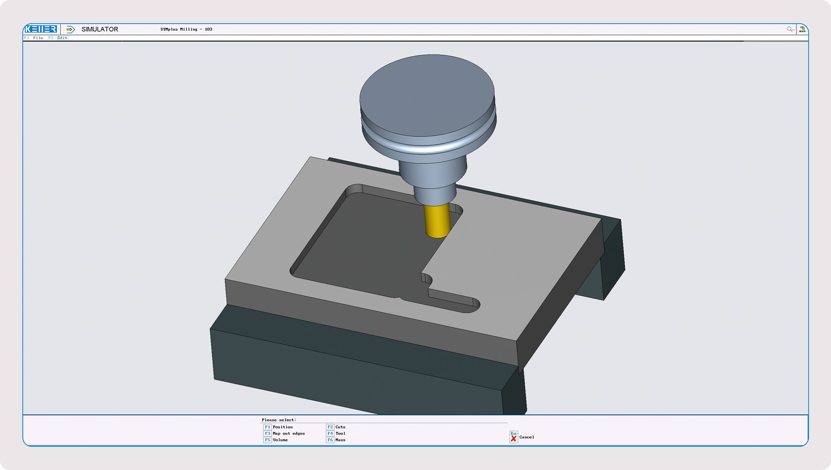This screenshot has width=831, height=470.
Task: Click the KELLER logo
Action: click(41, 29)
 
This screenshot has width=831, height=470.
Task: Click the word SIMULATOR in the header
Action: click(100, 29)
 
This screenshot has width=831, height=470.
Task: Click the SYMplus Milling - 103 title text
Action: click(186, 29)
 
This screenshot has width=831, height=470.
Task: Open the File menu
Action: click(38, 38)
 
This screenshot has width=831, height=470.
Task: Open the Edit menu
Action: click(62, 38)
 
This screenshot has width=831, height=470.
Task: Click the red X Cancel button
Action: click(514, 437)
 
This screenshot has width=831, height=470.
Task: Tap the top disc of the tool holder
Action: click(427, 96)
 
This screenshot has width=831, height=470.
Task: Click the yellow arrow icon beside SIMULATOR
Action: click(71, 29)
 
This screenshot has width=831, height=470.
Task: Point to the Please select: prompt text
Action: click(279, 420)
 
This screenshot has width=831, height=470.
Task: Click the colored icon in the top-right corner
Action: click(802, 29)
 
